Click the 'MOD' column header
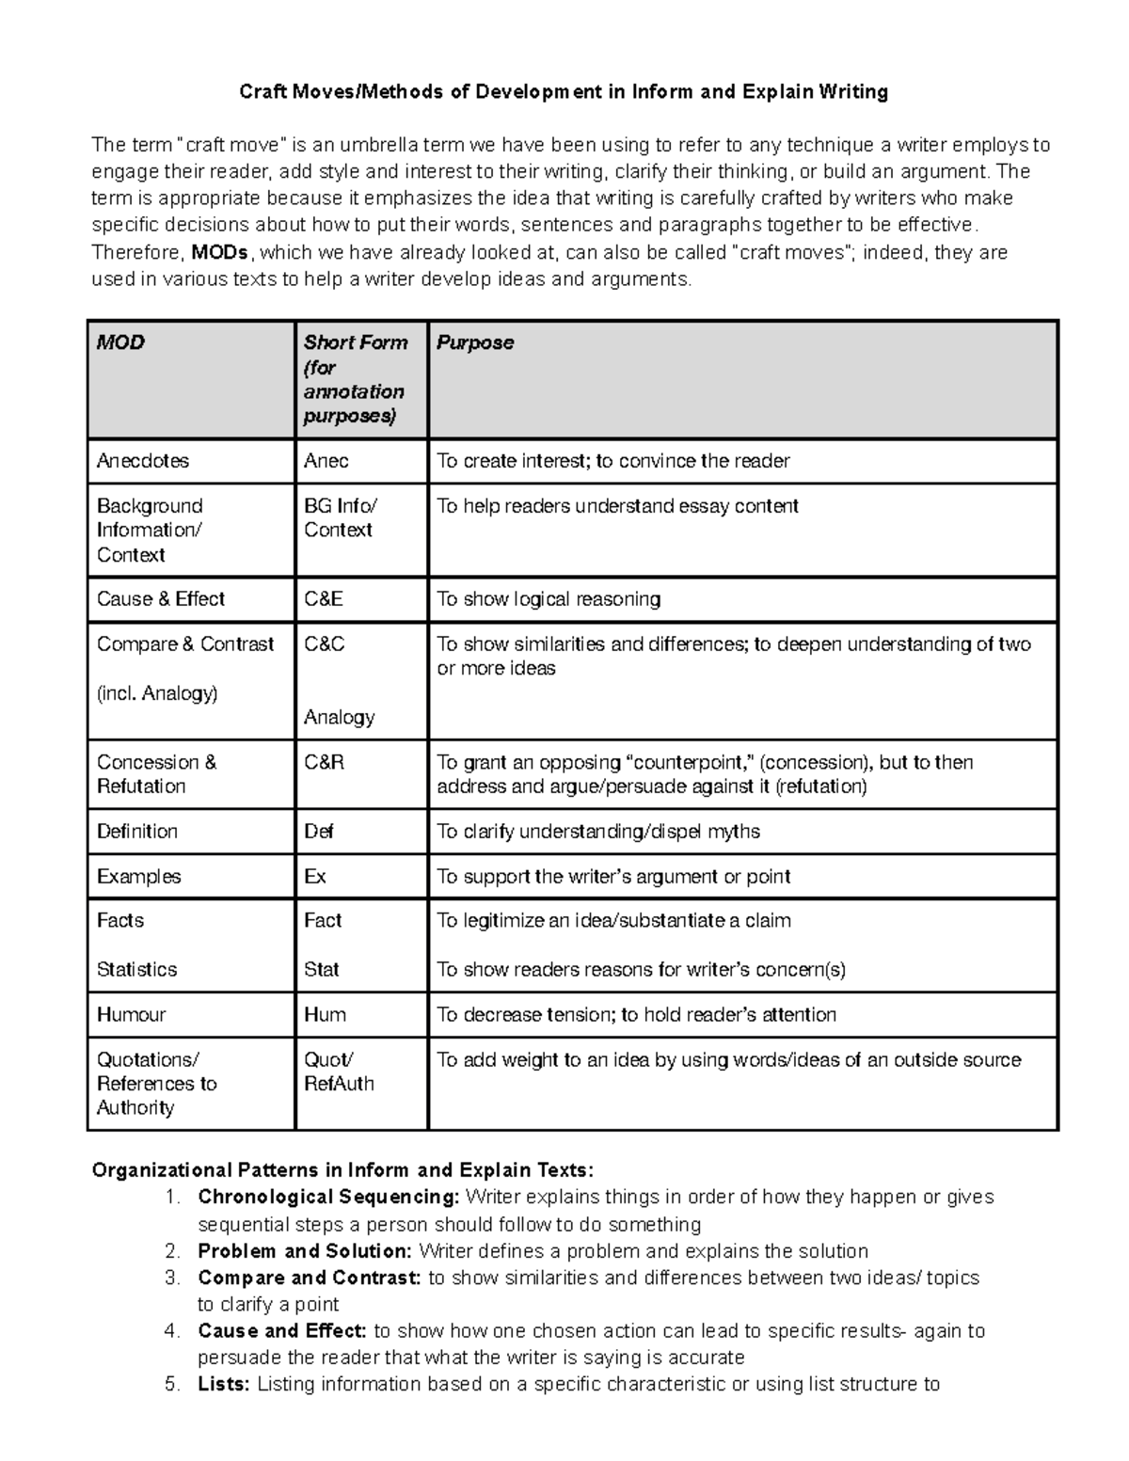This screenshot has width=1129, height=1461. tap(120, 342)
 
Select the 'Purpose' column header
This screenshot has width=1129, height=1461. tap(475, 342)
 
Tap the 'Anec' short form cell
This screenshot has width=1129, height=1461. tap(326, 461)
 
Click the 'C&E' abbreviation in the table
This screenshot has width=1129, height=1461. tap(324, 599)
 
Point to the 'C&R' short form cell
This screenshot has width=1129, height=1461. tap(325, 762)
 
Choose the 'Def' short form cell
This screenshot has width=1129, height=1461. tap(319, 832)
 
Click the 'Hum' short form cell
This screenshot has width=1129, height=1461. tap(325, 1014)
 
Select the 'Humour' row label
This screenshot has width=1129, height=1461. tap(131, 1014)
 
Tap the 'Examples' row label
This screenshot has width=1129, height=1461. tap(138, 877)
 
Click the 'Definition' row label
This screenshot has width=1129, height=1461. tap(137, 832)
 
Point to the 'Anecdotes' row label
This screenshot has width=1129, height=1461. tap(143, 461)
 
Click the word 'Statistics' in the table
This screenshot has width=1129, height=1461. tap(136, 969)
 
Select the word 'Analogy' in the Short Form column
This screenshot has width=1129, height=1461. tap(340, 717)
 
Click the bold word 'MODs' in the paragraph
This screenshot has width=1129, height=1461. tap(220, 252)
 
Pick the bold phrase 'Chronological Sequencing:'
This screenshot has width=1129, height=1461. tap(328, 1197)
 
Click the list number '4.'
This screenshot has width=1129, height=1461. tap(171, 1331)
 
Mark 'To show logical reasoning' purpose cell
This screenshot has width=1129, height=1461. tap(549, 599)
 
